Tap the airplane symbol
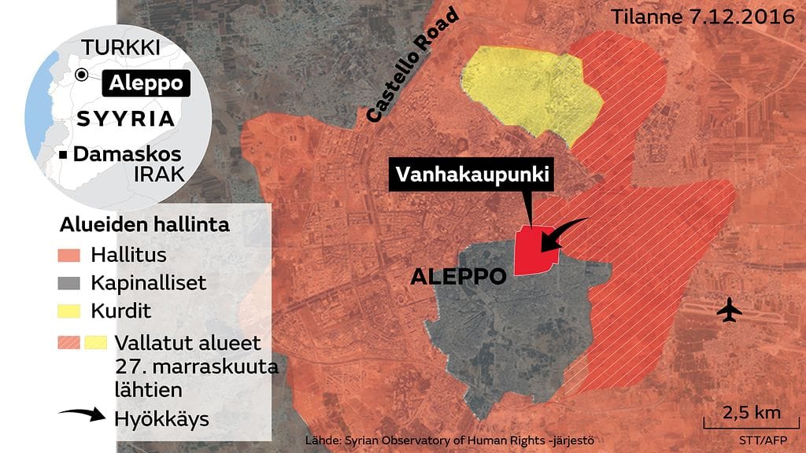click(730, 311)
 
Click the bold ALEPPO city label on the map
click(457, 277)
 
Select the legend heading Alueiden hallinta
click(145, 225)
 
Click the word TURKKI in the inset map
click(121, 47)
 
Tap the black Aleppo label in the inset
click(146, 83)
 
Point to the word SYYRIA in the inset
click(126, 120)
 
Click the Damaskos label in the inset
click(126, 154)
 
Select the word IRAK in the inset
click(158, 175)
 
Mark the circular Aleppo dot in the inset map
click(81, 75)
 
